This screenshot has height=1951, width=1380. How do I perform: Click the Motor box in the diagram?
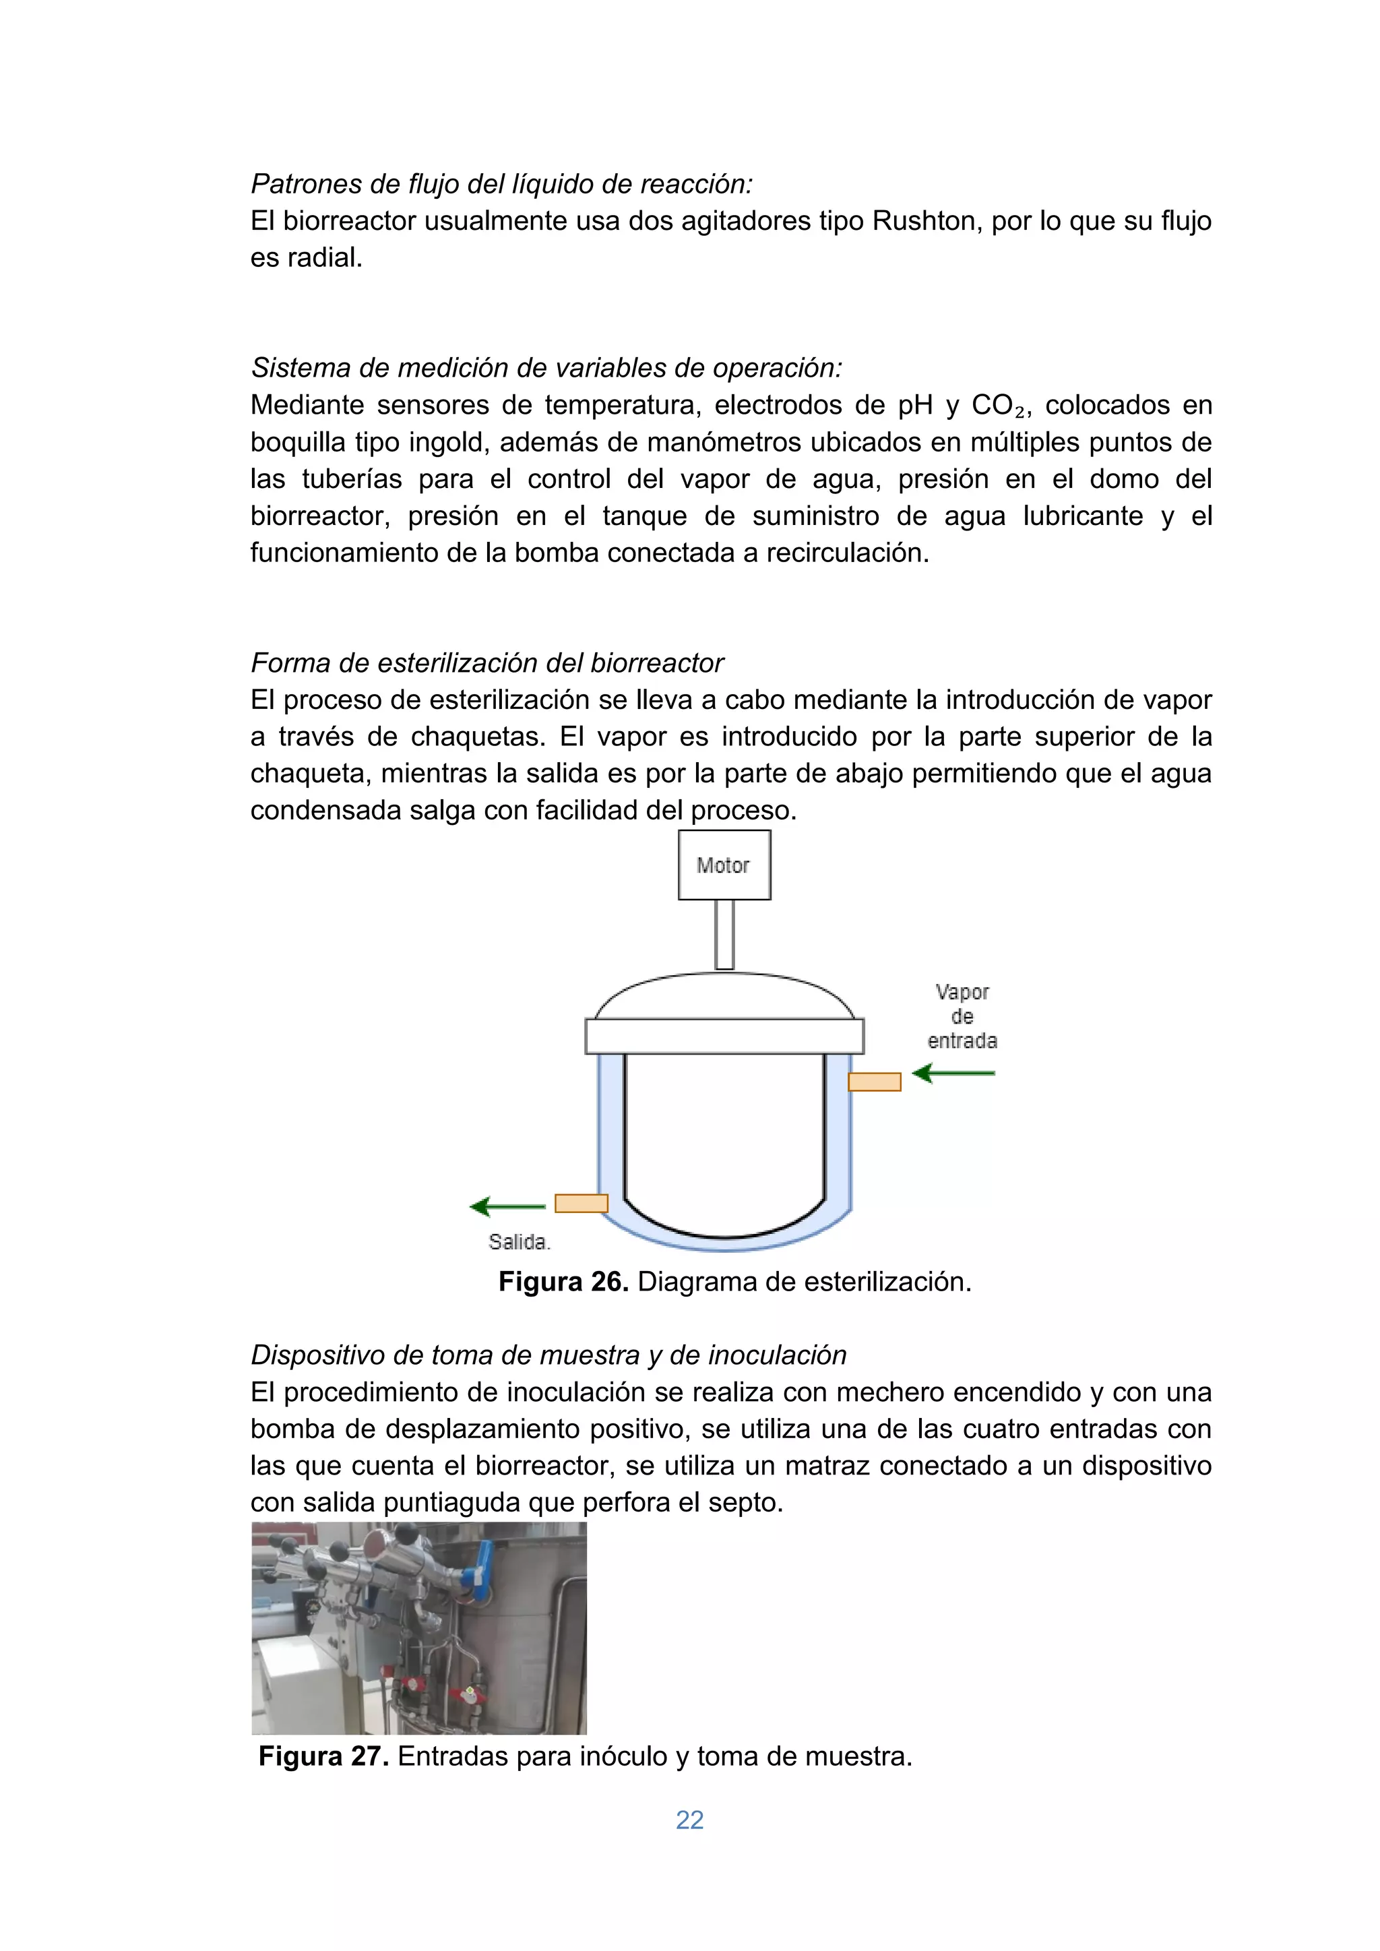point(724,865)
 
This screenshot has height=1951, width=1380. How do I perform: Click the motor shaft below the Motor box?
point(724,934)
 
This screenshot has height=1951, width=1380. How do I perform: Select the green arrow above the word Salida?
point(508,1206)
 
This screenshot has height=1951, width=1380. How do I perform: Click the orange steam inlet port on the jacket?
point(875,1082)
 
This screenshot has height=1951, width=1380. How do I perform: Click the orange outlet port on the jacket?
point(582,1203)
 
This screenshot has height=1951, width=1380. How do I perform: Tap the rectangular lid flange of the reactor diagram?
point(724,1036)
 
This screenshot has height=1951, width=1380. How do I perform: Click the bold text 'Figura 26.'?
point(563,1281)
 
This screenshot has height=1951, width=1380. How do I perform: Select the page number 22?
point(689,1820)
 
